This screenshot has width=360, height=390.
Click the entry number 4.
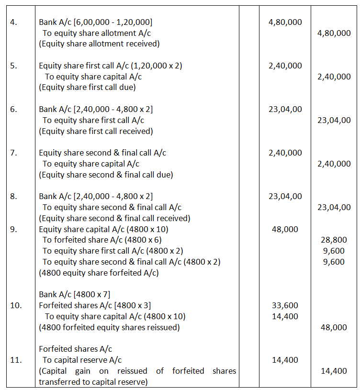click(13, 22)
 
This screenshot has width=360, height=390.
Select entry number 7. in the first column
click(14, 153)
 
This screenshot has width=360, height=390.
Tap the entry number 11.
click(16, 360)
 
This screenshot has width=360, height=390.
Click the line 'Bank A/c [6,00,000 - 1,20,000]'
click(96, 22)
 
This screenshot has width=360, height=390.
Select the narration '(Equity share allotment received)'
click(99, 44)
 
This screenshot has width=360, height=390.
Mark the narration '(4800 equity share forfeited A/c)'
click(99, 273)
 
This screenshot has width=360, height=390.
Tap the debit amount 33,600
click(285, 305)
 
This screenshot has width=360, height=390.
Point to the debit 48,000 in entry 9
click(285, 229)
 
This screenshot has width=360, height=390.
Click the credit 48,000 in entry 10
click(334, 327)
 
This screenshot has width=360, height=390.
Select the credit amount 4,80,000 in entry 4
click(334, 33)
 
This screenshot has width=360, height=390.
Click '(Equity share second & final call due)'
click(106, 175)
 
